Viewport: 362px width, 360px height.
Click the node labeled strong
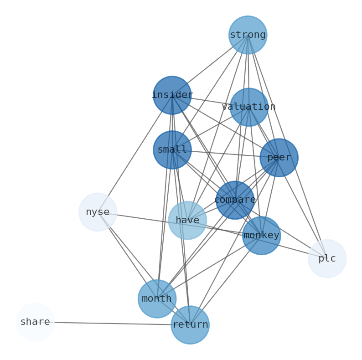point(248,35)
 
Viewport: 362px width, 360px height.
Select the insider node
point(172,95)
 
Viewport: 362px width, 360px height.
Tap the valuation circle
point(248,107)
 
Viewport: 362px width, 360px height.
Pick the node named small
point(172,150)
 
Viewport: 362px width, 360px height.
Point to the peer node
point(279,158)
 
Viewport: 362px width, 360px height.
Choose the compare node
point(235,200)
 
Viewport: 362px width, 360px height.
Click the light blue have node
point(187,221)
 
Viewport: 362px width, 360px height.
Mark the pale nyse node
point(98,212)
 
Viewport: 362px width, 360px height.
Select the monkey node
point(261,236)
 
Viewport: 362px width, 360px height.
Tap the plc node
point(327,259)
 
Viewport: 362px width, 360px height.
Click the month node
point(157,299)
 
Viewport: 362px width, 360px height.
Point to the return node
point(190,325)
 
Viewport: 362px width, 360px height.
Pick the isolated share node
point(35,322)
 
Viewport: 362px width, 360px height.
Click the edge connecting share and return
point(113,324)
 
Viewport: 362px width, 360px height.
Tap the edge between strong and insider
point(210,65)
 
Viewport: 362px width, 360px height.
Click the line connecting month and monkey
point(209,267)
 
